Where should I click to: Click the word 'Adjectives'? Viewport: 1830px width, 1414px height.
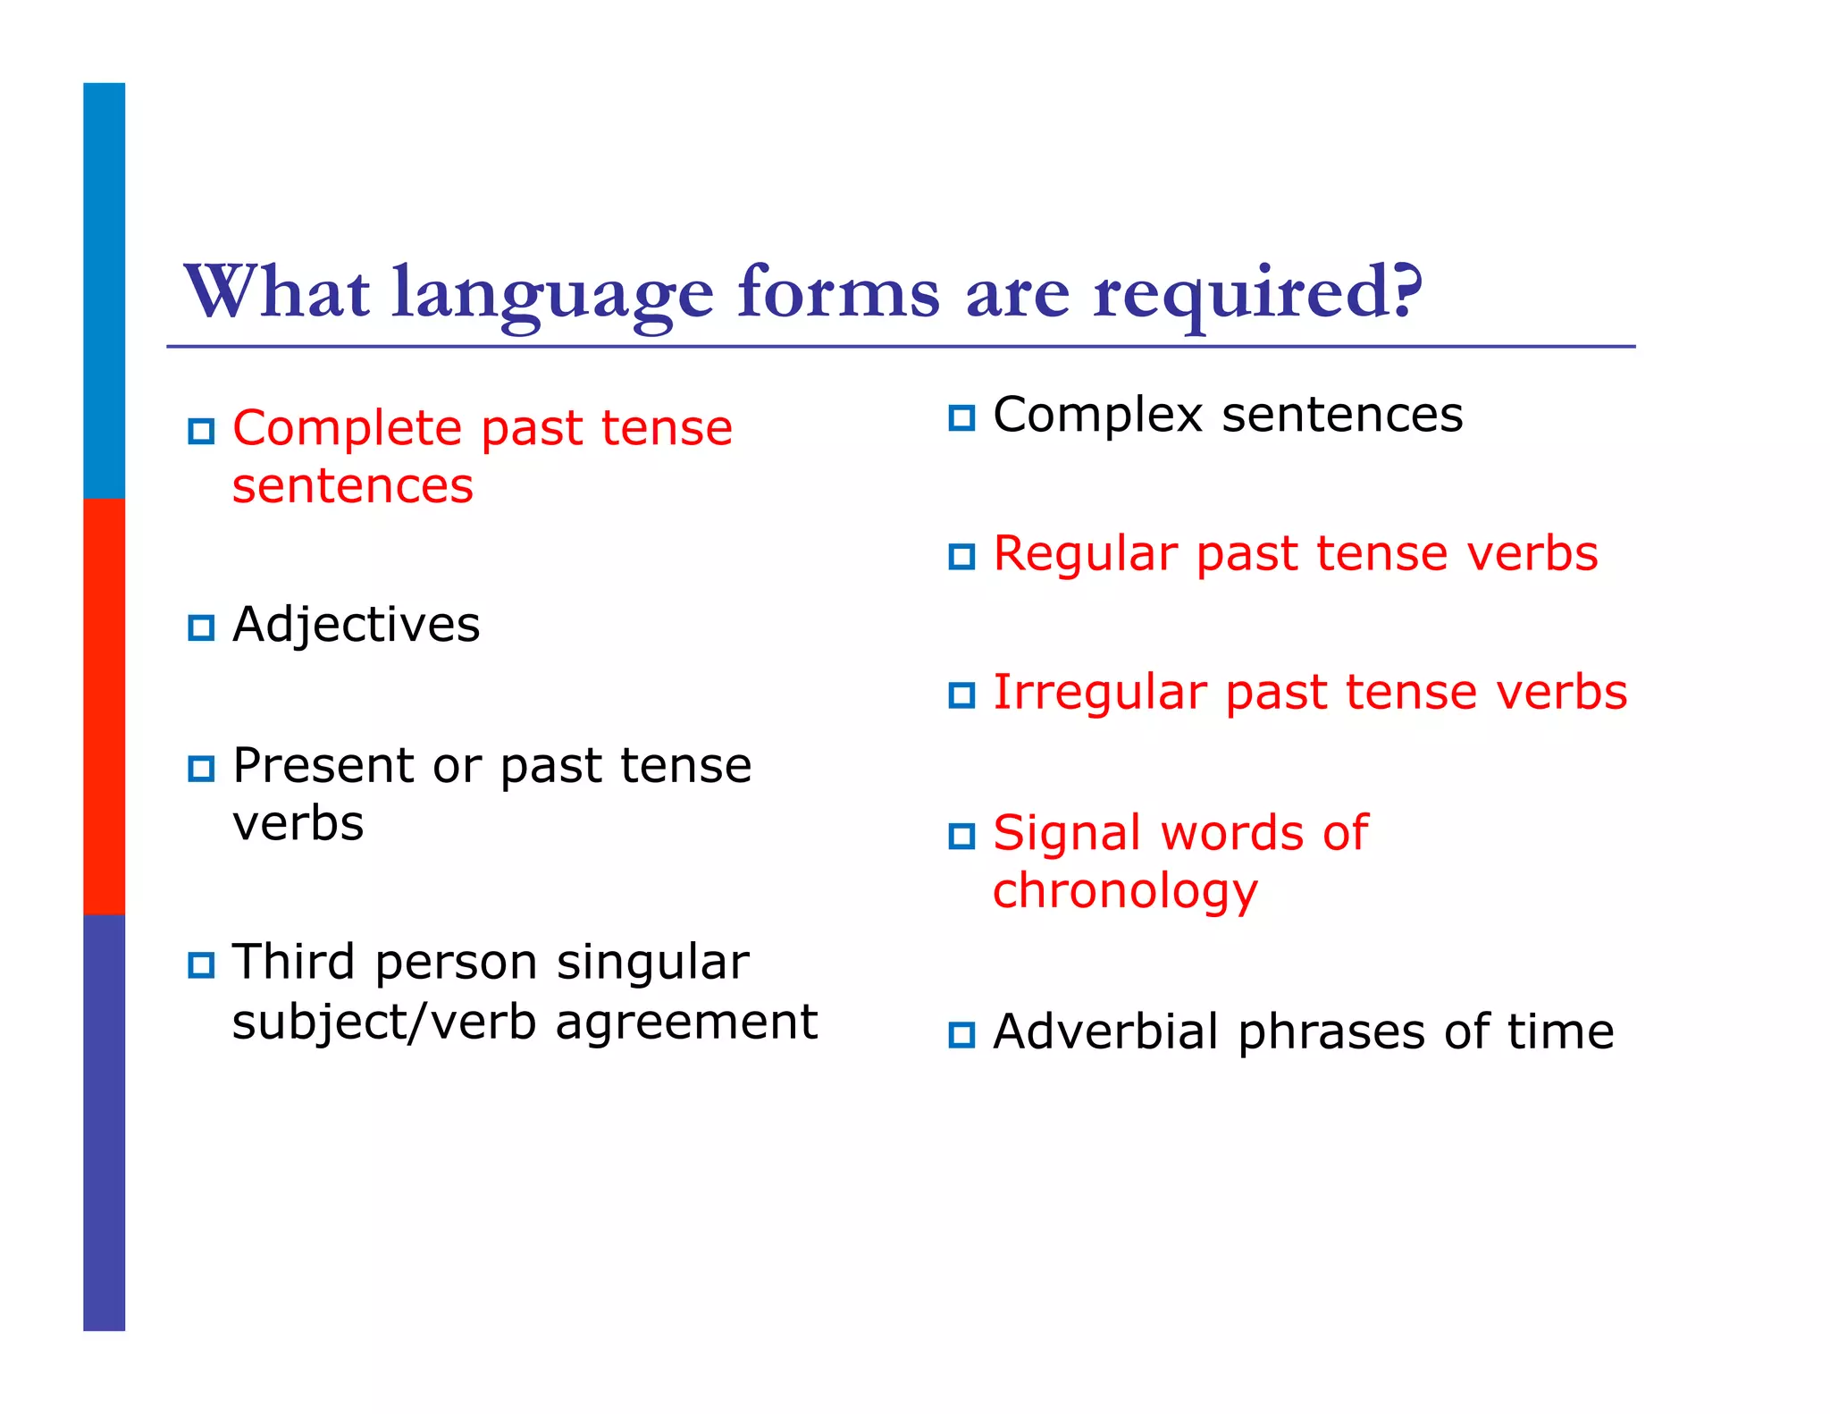356,625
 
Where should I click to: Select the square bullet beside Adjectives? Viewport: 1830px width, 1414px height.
201,627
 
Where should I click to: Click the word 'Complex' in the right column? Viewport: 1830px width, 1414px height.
1098,416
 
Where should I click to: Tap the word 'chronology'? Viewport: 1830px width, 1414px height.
1125,892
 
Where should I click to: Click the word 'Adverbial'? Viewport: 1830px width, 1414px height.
1105,1032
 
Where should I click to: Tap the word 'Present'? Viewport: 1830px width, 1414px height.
323,766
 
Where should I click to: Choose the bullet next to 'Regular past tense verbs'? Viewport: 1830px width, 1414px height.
961,557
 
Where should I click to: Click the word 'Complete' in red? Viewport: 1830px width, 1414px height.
348,429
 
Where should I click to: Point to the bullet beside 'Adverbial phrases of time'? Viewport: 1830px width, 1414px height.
961,1035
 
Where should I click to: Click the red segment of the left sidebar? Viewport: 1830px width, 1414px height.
105,706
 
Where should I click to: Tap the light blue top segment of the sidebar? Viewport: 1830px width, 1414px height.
105,290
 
